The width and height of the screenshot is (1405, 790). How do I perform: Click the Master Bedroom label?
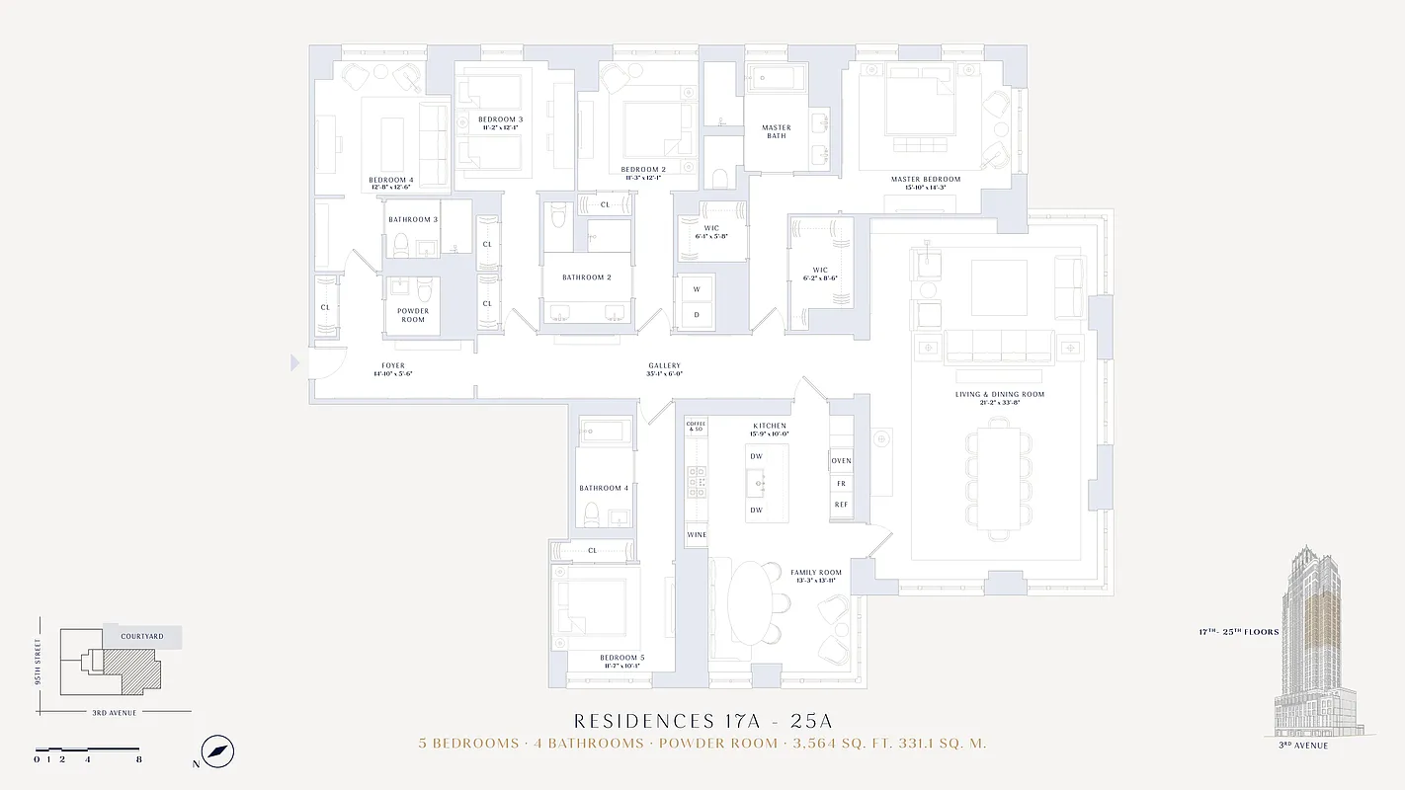point(925,179)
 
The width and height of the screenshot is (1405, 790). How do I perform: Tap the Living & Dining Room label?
point(999,394)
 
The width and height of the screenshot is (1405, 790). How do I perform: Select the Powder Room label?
point(413,315)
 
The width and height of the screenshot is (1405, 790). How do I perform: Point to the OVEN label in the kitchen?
point(841,461)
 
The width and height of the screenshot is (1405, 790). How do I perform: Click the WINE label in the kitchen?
point(697,535)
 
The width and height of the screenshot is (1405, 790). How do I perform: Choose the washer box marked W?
point(697,289)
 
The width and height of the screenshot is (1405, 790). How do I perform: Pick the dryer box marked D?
point(697,315)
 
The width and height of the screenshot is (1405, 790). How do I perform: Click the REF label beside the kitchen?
point(841,505)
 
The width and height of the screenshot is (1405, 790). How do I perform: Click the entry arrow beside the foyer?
point(294,363)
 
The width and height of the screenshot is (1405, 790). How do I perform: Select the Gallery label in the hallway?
point(664,366)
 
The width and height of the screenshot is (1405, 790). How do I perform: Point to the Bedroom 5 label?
point(621,657)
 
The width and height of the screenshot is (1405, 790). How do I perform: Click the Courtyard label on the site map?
point(142,636)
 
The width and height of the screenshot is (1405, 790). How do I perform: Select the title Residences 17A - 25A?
point(702,722)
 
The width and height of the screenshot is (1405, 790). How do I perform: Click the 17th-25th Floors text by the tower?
point(1239,632)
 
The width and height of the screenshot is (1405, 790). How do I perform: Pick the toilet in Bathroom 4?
point(592,513)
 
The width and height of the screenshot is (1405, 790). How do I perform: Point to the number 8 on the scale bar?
point(138,759)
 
